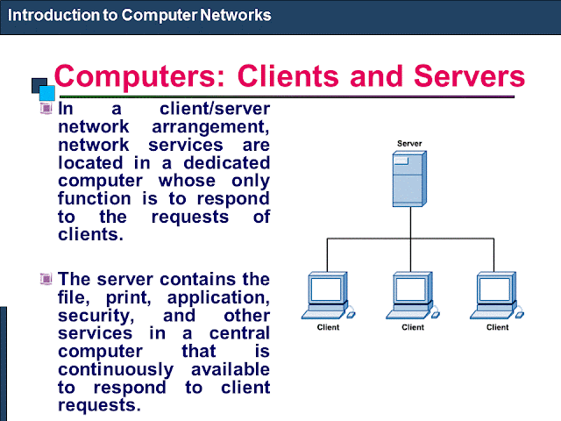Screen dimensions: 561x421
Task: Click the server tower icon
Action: (409, 179)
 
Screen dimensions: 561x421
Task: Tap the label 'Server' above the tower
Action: (409, 144)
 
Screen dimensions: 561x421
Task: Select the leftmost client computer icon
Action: (328, 296)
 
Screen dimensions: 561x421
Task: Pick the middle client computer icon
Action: (413, 296)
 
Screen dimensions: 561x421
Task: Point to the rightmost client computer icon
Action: (497, 296)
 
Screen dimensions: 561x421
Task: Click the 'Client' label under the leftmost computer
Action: (328, 327)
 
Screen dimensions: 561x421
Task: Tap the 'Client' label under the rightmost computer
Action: (497, 327)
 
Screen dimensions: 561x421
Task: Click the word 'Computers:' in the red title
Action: (139, 76)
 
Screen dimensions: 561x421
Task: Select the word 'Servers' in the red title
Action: (469, 76)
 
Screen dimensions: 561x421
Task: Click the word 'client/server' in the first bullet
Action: (215, 109)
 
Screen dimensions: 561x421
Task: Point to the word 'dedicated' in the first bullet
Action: (226, 163)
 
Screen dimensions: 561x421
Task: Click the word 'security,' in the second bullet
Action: (96, 316)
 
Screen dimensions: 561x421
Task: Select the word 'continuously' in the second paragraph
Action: (116, 370)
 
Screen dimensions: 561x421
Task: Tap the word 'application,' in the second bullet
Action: (218, 298)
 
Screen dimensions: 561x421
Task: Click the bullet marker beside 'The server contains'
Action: (46, 278)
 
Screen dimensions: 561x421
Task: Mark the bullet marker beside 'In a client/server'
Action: (46, 108)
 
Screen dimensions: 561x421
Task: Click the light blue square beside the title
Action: (46, 93)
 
